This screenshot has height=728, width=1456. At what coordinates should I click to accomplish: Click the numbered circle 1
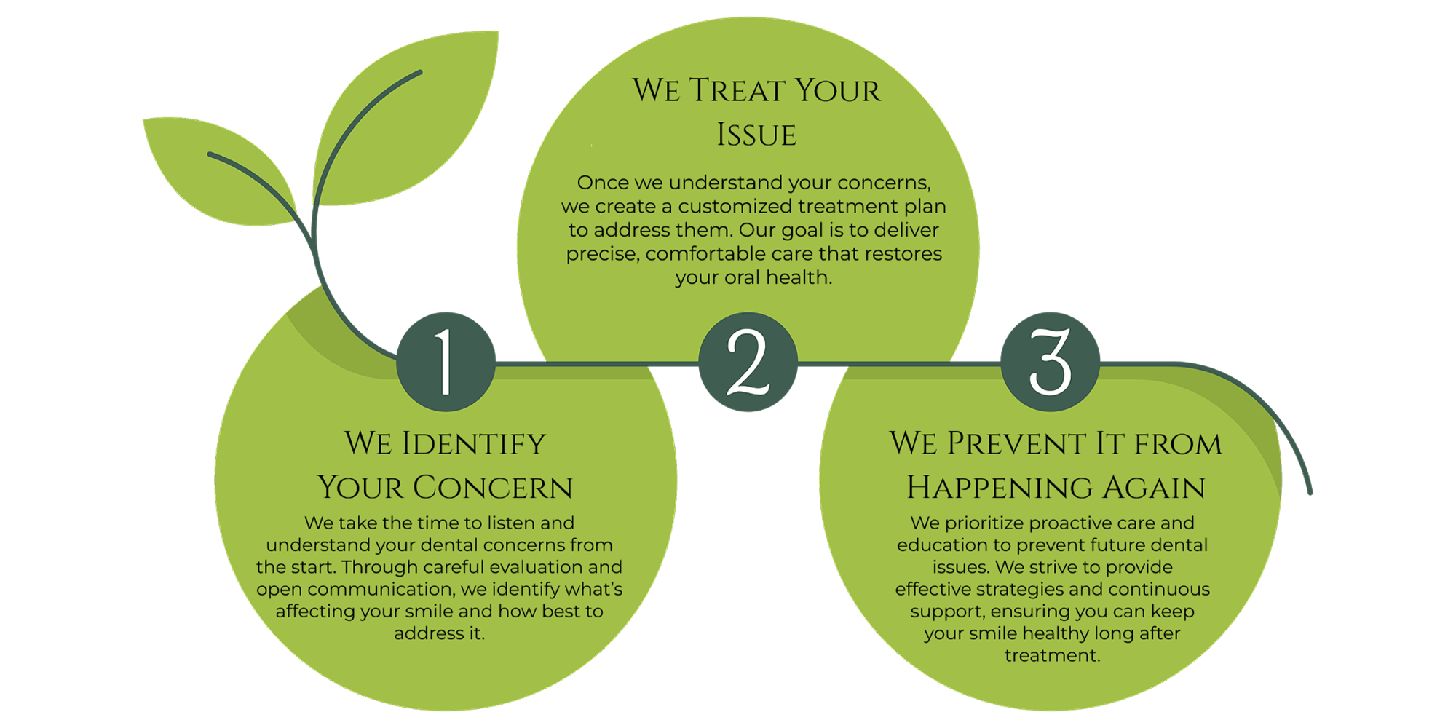[446, 362]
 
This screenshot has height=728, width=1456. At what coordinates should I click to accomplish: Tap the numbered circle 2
[748, 362]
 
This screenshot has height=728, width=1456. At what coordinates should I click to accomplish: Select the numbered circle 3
[1050, 362]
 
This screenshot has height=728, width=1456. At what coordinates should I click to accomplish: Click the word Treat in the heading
[737, 91]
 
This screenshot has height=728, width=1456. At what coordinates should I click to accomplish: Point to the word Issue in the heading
[756, 135]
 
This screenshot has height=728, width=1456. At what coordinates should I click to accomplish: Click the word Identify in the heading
[474, 444]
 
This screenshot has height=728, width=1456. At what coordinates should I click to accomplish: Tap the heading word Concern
[493, 488]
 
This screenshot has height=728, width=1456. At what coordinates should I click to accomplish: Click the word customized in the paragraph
[735, 207]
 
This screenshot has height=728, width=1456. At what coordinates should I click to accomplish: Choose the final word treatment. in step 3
[1052, 655]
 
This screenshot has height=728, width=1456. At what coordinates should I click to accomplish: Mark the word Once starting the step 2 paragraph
[603, 183]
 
